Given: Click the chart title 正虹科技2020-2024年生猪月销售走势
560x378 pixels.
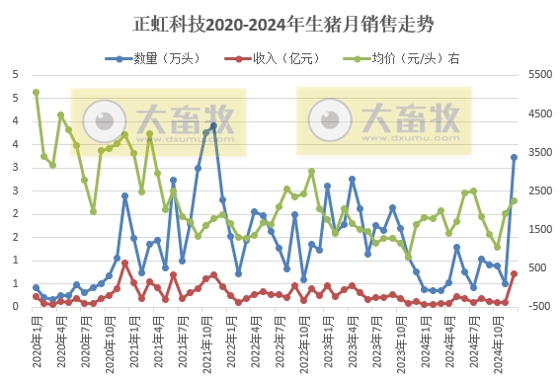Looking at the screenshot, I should point(280,23).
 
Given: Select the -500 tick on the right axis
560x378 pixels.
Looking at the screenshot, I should point(542,306).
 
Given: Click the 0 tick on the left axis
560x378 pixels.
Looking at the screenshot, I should point(15,306).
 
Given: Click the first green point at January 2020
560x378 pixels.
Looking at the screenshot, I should point(36,92).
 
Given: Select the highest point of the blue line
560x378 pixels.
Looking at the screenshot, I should point(213,125).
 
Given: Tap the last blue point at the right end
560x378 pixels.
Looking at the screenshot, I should point(514,157).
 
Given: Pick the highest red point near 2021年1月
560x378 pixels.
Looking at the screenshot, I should point(124,263).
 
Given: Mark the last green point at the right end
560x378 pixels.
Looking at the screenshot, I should point(514,200).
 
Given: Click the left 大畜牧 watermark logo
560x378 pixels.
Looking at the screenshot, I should point(158,121).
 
